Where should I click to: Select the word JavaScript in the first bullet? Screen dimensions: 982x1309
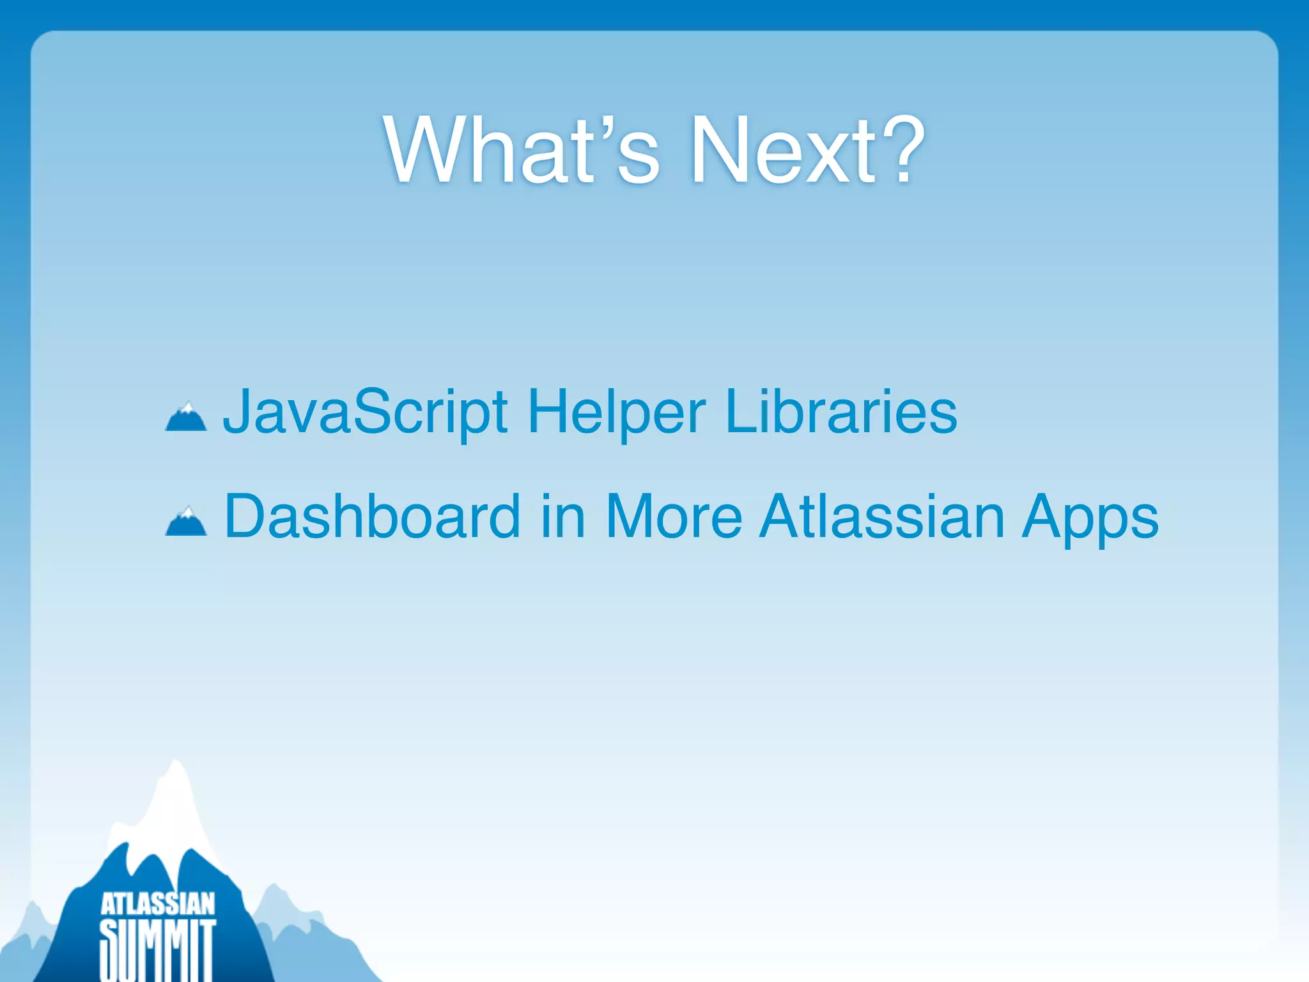coord(365,412)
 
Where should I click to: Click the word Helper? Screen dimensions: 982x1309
coord(616,412)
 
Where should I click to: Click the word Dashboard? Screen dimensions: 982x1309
coord(372,517)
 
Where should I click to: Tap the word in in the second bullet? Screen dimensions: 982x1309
coord(562,517)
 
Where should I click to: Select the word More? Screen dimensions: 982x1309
coord(674,517)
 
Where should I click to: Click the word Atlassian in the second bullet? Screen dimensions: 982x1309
coord(882,517)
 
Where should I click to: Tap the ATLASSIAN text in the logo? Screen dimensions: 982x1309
coord(158,904)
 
